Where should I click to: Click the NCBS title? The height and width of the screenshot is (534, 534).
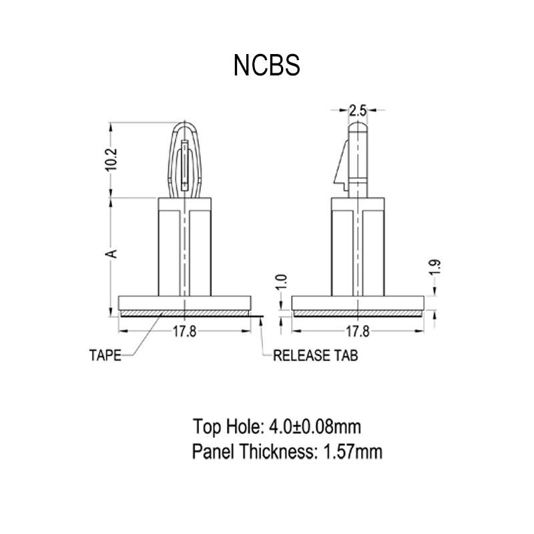(267, 65)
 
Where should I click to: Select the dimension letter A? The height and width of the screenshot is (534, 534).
(113, 254)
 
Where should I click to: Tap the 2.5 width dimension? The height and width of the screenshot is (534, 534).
(358, 108)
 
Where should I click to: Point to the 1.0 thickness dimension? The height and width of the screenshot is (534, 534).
(282, 281)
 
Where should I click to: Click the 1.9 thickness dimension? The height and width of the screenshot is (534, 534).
(436, 268)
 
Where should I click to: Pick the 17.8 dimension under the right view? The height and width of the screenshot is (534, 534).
(358, 332)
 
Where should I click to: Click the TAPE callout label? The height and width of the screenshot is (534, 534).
(105, 355)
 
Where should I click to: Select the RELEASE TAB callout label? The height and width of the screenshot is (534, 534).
(316, 355)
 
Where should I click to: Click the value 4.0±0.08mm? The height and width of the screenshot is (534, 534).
(315, 425)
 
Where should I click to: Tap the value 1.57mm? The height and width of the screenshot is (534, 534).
(352, 452)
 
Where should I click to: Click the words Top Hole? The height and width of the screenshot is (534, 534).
(227, 425)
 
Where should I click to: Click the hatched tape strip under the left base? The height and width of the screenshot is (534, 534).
(185, 313)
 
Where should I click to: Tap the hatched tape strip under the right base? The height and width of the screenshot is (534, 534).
(358, 313)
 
